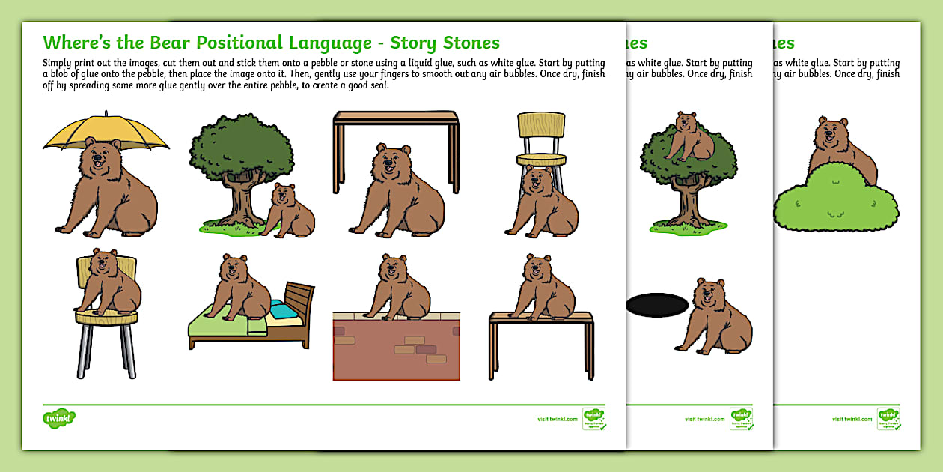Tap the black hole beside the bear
click(x=656, y=305)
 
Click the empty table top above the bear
click(x=396, y=117)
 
